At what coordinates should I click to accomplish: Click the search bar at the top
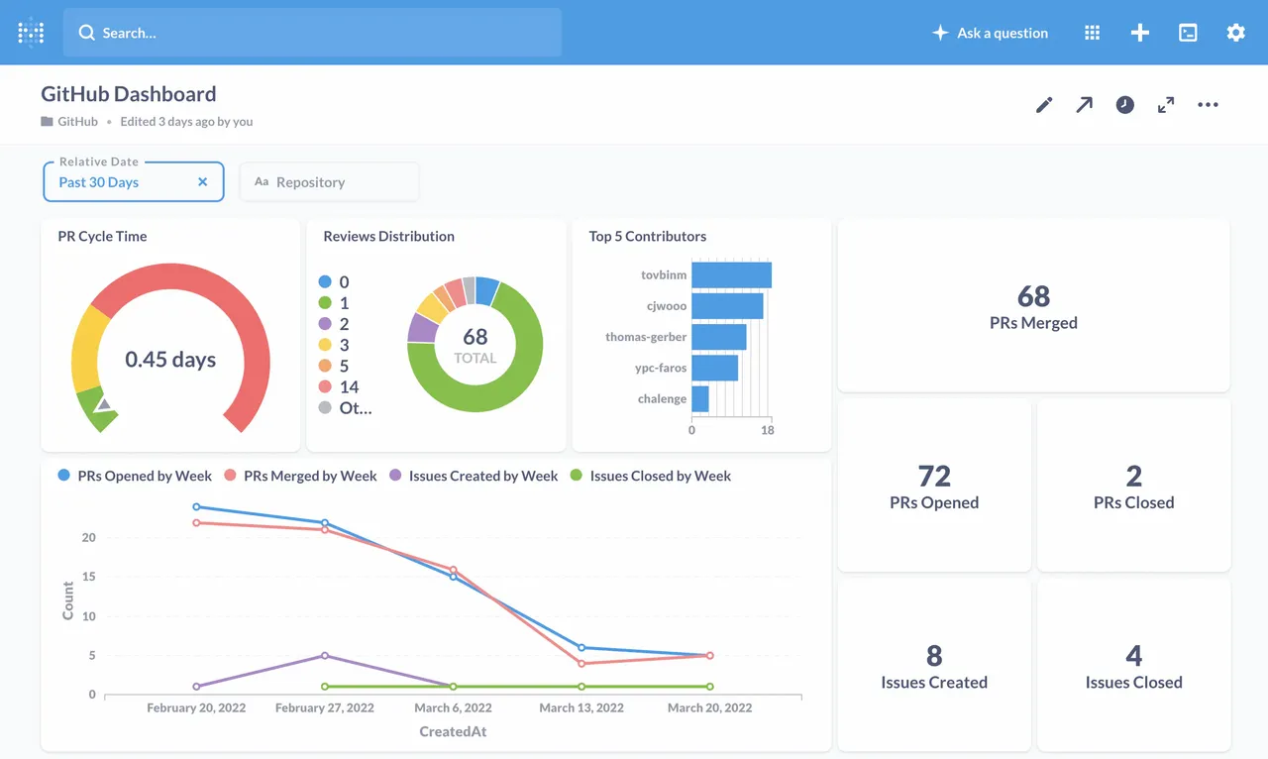tap(312, 33)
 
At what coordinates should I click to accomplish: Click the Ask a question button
tap(990, 33)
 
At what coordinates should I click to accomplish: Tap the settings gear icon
tap(1235, 33)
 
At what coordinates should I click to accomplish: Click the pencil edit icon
tap(1044, 105)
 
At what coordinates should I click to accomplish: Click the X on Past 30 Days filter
tap(203, 182)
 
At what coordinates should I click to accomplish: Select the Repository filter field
tap(329, 182)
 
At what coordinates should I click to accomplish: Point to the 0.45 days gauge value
tap(170, 360)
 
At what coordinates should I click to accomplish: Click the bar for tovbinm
tap(731, 274)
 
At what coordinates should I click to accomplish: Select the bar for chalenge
tap(699, 398)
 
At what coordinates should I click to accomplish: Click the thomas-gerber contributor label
tap(646, 337)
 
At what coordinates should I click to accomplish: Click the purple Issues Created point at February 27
tap(325, 656)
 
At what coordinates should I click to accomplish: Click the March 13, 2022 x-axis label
tap(581, 707)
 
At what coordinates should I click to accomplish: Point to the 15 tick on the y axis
tap(89, 577)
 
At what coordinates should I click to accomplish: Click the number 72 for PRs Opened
tap(934, 477)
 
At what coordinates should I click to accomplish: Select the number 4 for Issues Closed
tap(1133, 656)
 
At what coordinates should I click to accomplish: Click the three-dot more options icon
tap(1208, 105)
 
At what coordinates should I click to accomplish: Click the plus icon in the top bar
tap(1140, 33)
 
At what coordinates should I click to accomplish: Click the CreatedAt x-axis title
tap(453, 731)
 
